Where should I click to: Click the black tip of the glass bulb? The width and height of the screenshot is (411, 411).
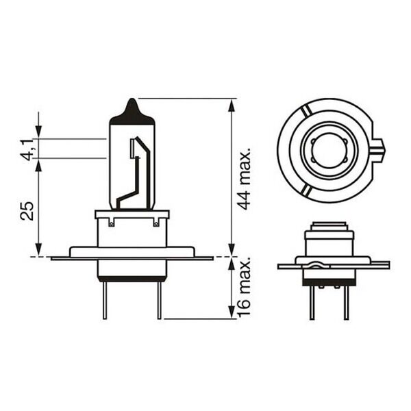(x=132, y=112)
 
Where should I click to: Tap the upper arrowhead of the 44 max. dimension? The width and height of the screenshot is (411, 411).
(x=232, y=105)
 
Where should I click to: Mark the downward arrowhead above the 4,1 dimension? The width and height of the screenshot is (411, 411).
(x=38, y=132)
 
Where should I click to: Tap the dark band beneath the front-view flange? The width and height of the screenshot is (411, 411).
(x=132, y=277)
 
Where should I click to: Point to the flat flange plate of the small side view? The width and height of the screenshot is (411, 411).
(x=334, y=265)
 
